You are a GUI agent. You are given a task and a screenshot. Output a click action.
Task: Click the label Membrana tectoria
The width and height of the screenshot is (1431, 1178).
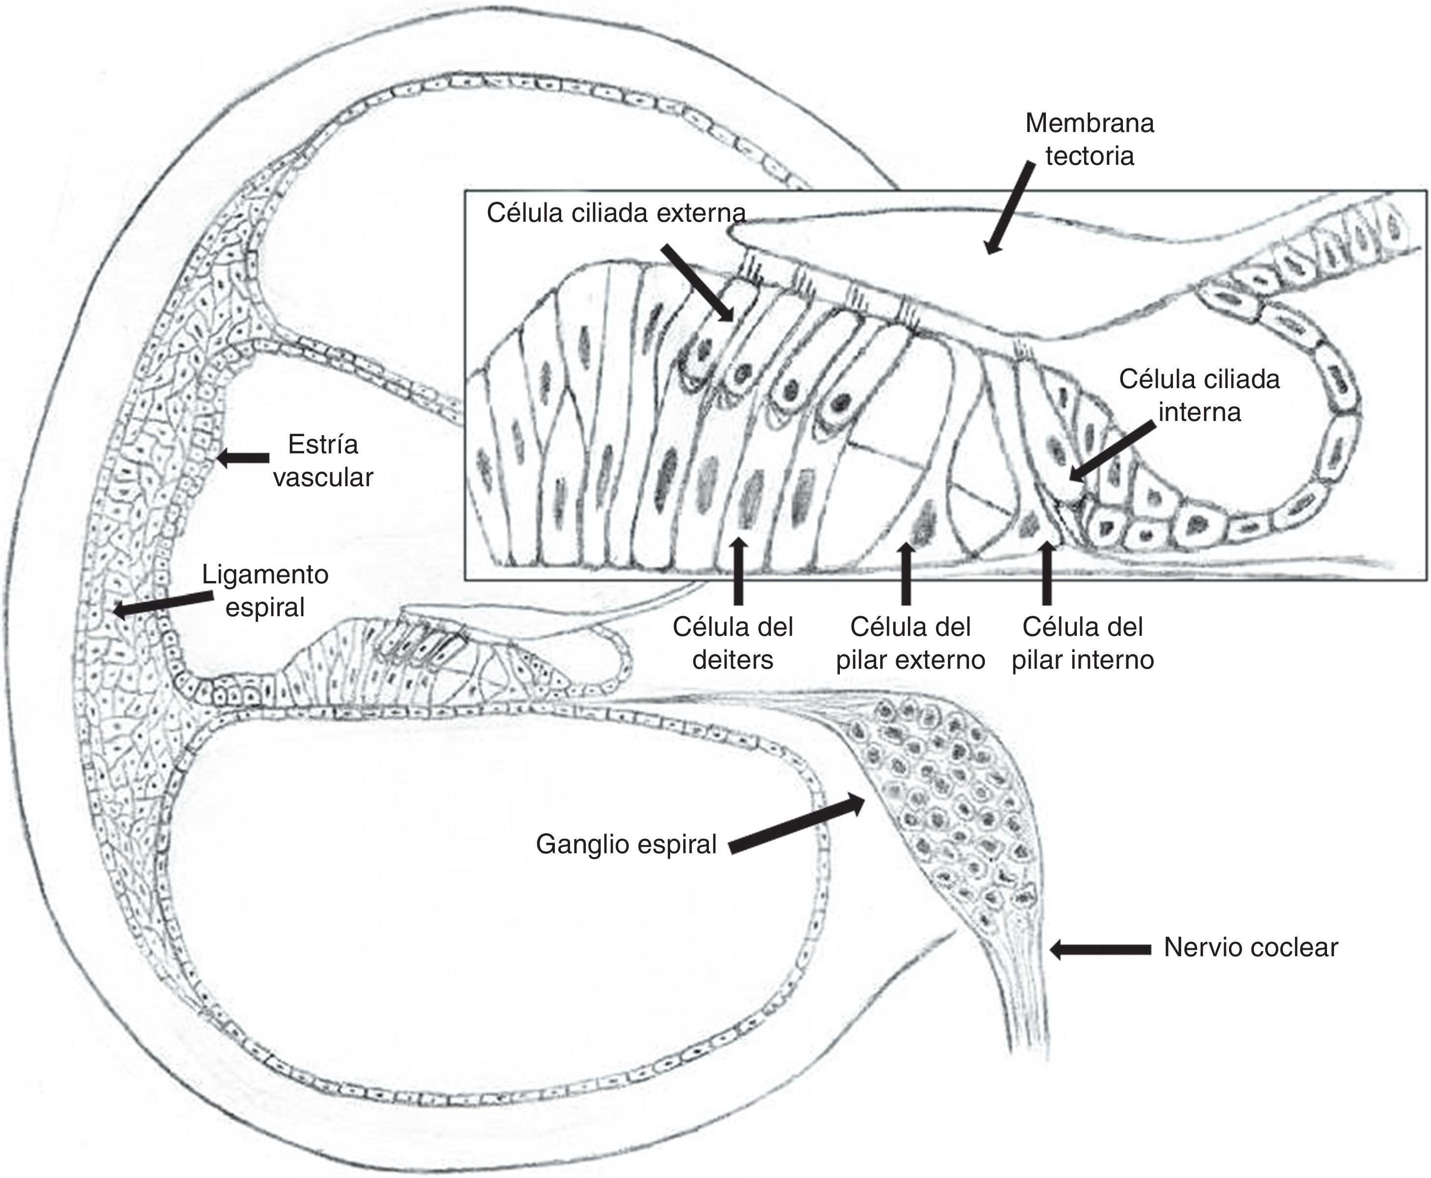(x=1089, y=140)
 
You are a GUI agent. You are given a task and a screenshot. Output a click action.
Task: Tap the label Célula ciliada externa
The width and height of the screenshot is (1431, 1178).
(x=615, y=213)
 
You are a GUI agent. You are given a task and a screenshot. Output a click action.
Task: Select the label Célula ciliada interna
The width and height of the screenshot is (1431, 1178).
(x=1199, y=395)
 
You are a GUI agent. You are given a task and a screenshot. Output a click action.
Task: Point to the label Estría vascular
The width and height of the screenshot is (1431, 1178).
(x=323, y=461)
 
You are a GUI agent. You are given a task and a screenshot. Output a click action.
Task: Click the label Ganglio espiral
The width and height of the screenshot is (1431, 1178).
(x=625, y=844)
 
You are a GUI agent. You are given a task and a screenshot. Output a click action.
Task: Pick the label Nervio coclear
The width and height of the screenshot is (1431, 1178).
(x=1250, y=947)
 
